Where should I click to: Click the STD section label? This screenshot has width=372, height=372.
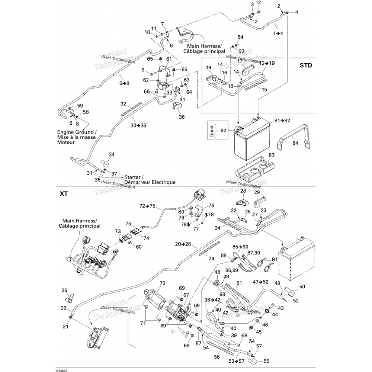coord(306,65)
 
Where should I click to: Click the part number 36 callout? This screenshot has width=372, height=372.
coord(182,117)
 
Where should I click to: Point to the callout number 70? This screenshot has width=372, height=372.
coord(162,283)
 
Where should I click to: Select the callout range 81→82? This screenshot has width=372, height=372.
coord(282,121)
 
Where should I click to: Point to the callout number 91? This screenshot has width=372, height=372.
coord(275,259)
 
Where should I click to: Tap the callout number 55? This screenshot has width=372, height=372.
coord(266,360)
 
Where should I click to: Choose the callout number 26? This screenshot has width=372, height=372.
coord(64,291)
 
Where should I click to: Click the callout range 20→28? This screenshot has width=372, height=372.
coord(183,244)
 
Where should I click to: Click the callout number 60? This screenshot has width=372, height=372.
coord(139,247)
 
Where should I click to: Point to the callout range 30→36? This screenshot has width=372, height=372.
coord(138,125)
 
